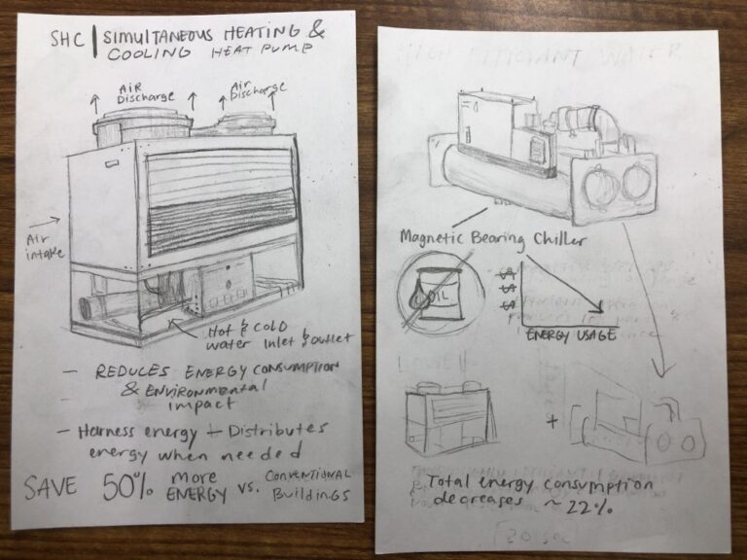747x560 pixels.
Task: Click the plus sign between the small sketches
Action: (x=552, y=422)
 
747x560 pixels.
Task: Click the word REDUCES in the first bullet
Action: (x=133, y=371)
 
